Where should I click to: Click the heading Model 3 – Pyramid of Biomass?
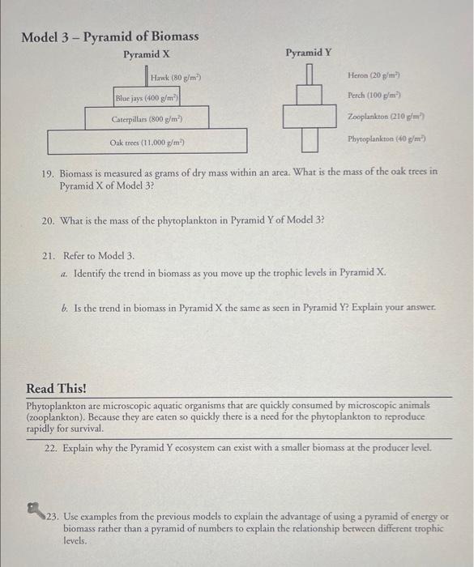[109, 37]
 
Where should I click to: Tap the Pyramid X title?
[146, 54]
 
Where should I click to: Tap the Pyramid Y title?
[308, 53]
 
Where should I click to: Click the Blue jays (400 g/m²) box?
[147, 98]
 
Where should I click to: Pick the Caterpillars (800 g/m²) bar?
[147, 119]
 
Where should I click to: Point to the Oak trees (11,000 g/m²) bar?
[147, 142]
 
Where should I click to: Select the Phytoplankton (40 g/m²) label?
[386, 139]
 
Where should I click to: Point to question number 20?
[47, 220]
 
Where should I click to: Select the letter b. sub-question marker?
[65, 309]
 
